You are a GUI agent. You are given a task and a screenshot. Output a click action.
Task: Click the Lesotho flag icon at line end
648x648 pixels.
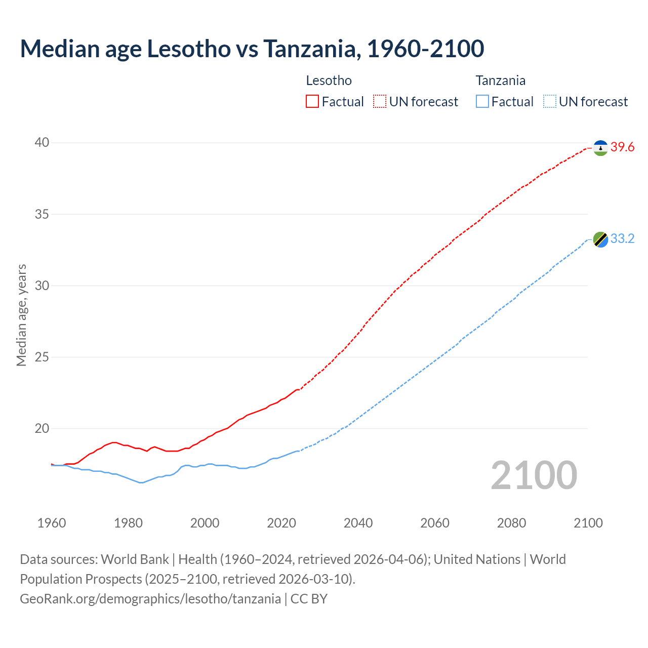coord(600,148)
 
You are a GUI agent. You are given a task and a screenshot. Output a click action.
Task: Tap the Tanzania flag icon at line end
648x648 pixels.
coord(600,239)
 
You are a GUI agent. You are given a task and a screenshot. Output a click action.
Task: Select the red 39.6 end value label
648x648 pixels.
coord(622,147)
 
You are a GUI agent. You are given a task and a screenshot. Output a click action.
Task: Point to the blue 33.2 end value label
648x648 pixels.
coord(622,239)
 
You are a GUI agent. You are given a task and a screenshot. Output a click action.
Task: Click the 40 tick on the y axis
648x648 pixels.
coord(42,143)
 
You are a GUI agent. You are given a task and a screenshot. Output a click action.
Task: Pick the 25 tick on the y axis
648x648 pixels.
coord(42,357)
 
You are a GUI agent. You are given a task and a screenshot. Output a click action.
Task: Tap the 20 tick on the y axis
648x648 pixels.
coord(42,429)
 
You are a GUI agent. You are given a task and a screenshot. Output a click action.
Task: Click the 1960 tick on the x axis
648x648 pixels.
coord(52,523)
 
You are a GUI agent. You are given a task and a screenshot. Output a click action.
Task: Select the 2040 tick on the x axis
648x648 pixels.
coord(358,523)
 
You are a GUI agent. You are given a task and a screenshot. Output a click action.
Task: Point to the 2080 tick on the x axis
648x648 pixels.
coord(511,523)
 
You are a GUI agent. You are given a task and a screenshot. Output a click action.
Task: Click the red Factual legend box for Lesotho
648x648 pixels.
coord(312,102)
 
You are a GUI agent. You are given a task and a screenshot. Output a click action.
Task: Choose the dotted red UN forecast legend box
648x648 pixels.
coord(380,102)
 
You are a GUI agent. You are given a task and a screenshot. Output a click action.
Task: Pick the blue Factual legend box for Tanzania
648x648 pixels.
coord(482,102)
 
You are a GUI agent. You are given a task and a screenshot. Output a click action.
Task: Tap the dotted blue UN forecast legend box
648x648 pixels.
coord(549,102)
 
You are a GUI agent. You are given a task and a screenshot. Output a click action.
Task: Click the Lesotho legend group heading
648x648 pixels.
coord(329,80)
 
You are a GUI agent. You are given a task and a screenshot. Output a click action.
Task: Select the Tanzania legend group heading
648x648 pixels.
coord(500,80)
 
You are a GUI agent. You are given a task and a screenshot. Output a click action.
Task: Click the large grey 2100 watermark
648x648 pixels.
coord(534,475)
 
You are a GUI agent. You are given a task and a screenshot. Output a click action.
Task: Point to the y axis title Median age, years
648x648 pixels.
coord(21,315)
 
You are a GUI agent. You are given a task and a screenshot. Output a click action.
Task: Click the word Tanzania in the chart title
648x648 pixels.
coord(312,49)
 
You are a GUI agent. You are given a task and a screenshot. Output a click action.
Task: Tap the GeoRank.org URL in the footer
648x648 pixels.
coord(150,599)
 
